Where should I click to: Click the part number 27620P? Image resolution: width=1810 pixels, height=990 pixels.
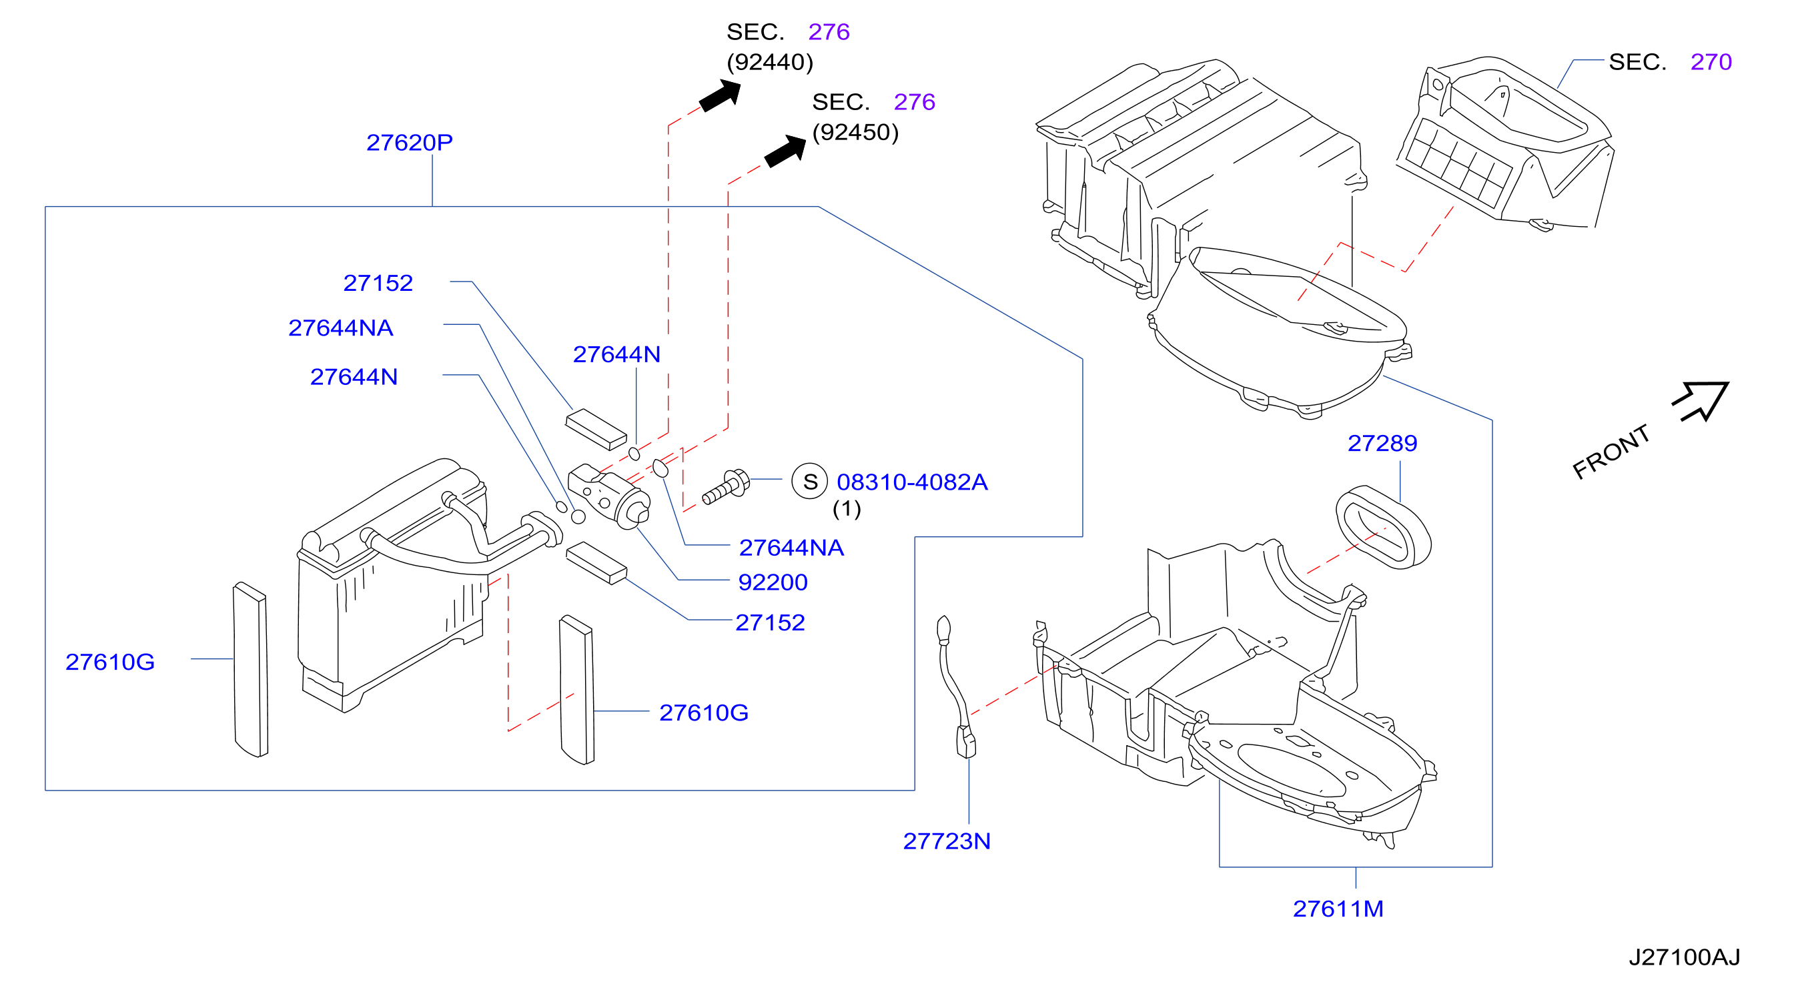(x=409, y=143)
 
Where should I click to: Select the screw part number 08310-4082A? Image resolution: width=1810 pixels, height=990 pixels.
(x=912, y=482)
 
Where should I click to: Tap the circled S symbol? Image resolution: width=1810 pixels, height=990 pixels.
(x=809, y=481)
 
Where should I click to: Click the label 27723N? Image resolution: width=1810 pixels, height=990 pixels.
(x=947, y=841)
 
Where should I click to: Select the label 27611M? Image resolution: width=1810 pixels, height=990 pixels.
(x=1338, y=909)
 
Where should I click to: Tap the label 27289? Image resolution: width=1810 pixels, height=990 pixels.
(x=1382, y=444)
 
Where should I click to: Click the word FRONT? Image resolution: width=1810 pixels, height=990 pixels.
(x=1611, y=452)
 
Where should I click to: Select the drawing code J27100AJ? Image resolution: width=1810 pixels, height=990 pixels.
(x=1684, y=957)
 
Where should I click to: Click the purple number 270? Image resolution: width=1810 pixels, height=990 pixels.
(x=1711, y=62)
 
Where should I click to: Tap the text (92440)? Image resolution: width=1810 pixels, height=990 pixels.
(x=770, y=63)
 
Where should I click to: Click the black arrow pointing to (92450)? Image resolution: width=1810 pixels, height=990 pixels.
(x=785, y=151)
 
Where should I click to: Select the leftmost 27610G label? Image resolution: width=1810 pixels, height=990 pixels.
(x=109, y=662)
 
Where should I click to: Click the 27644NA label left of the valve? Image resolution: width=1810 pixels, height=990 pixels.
(x=340, y=328)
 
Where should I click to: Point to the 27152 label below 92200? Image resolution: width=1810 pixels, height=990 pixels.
(x=770, y=622)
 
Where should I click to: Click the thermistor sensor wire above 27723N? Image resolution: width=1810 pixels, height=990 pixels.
(x=953, y=688)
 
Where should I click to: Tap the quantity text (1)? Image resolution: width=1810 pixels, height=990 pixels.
(x=847, y=509)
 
